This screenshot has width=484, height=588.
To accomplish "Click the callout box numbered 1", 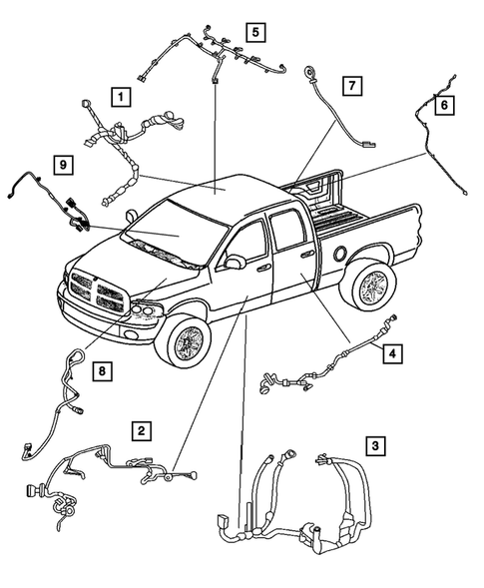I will (x=120, y=97).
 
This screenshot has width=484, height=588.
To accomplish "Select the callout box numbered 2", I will (x=143, y=430).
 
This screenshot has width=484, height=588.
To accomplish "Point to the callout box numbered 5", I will (x=255, y=33).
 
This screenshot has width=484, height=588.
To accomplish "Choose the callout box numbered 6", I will (x=444, y=103).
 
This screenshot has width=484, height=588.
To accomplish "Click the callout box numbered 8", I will (x=101, y=372).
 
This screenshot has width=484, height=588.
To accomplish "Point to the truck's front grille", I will (x=97, y=292).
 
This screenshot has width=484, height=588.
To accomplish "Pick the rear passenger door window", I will (x=289, y=232).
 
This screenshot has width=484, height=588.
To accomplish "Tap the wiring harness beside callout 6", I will (x=432, y=140).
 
